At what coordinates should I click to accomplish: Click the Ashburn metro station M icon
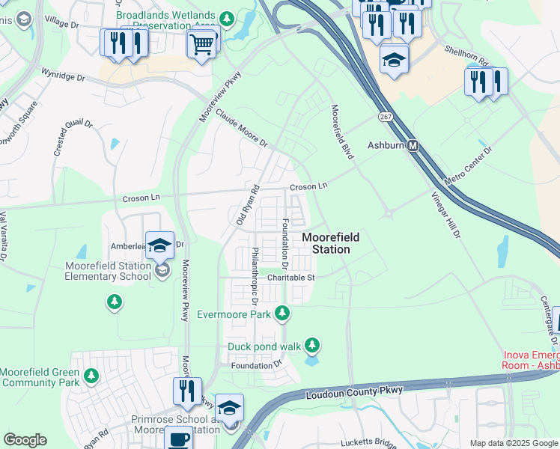tap(413, 147)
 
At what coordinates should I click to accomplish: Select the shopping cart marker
tap(202, 44)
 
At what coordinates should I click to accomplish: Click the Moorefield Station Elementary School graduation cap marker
tap(159, 245)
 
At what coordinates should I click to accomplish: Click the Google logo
tap(25, 440)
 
